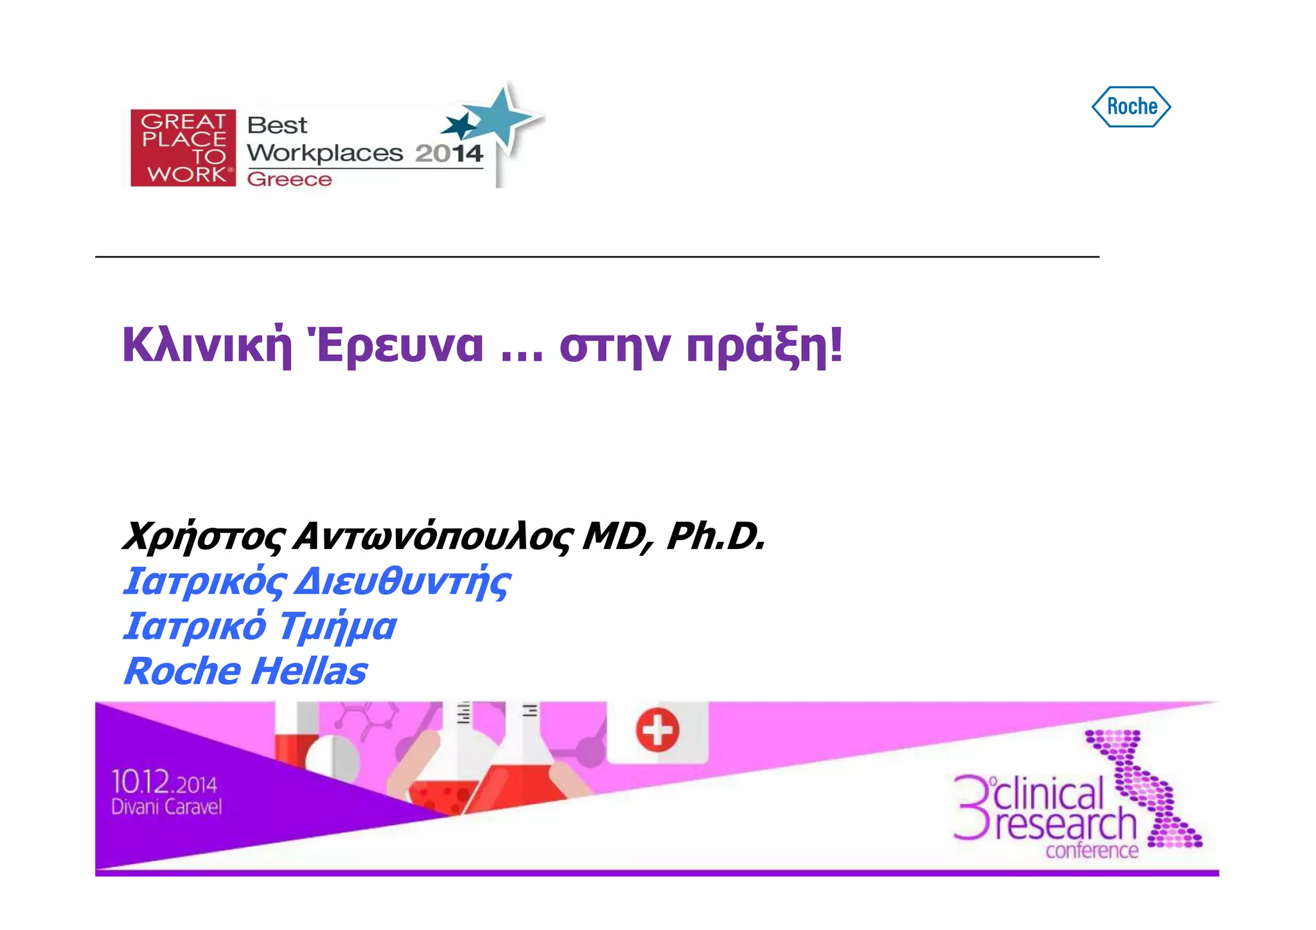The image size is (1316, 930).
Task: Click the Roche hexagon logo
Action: click(1131, 107)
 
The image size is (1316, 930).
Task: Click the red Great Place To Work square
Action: click(183, 148)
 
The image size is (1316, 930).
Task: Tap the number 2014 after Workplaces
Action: click(449, 154)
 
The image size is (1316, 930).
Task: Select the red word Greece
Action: click(289, 179)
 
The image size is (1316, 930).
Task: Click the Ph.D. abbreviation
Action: click(716, 536)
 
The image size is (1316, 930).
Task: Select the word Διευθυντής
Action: click(402, 582)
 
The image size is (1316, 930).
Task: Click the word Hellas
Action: click(308, 672)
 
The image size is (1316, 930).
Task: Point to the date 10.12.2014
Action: click(164, 783)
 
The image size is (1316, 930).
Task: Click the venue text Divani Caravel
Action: click(166, 807)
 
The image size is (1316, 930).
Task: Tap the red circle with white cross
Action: click(657, 730)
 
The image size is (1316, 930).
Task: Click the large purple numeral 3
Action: click(972, 808)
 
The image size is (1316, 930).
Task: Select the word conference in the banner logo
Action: click(1092, 851)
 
